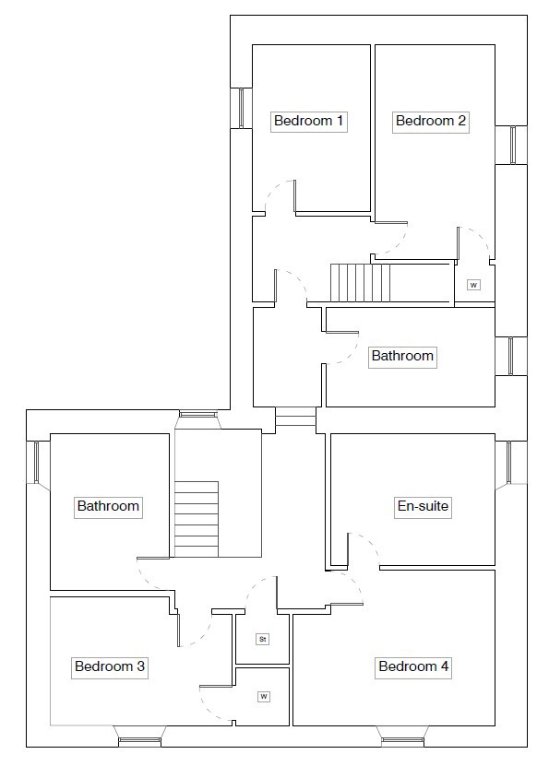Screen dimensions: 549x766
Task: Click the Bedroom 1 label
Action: (x=308, y=121)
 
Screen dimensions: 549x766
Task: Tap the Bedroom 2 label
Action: (x=431, y=121)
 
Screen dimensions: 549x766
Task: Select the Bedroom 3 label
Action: (x=110, y=666)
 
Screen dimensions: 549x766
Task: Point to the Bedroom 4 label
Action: (x=413, y=666)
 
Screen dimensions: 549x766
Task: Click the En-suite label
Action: (x=423, y=506)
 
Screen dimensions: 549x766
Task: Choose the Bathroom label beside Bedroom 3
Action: (x=108, y=506)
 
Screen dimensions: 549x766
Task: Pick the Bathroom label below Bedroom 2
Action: (x=402, y=356)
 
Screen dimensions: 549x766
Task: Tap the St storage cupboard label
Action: (x=263, y=639)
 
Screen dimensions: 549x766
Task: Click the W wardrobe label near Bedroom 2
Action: (x=473, y=285)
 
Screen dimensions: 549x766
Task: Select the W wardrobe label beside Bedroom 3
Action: (x=264, y=697)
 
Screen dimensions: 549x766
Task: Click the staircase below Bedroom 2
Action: (x=360, y=283)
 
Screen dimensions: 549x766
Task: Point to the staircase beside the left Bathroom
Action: (x=196, y=519)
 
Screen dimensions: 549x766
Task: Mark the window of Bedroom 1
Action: (x=241, y=108)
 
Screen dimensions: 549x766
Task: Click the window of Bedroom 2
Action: (x=512, y=145)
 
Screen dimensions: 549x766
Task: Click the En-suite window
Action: (x=510, y=463)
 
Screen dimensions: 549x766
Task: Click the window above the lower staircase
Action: (x=198, y=415)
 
